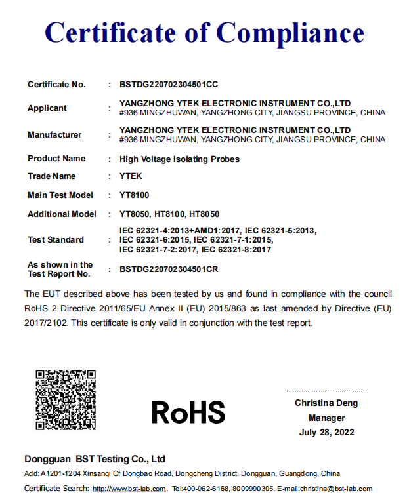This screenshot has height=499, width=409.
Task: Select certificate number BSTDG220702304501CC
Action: point(169,85)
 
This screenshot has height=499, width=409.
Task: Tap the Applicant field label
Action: point(47,108)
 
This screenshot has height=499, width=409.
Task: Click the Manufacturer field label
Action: point(54,135)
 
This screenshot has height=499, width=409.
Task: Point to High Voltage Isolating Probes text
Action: point(179,159)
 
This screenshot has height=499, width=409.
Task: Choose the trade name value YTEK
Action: point(131,176)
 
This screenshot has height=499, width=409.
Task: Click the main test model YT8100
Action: point(134,195)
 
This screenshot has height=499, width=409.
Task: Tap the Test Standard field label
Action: point(56,240)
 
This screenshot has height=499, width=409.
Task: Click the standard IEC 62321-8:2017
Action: point(236,250)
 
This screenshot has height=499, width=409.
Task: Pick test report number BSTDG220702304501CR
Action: point(169,269)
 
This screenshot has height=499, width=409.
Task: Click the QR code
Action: point(66,400)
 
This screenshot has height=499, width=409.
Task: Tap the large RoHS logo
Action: point(188,412)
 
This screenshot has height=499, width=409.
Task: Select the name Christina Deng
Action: point(326,403)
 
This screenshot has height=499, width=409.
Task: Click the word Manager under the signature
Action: point(326,418)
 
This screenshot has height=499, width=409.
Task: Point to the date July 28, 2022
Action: point(326,432)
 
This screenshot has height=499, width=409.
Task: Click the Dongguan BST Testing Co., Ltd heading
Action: point(95,459)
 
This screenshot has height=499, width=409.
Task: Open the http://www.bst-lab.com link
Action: point(129,489)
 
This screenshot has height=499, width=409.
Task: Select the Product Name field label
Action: point(56,159)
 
